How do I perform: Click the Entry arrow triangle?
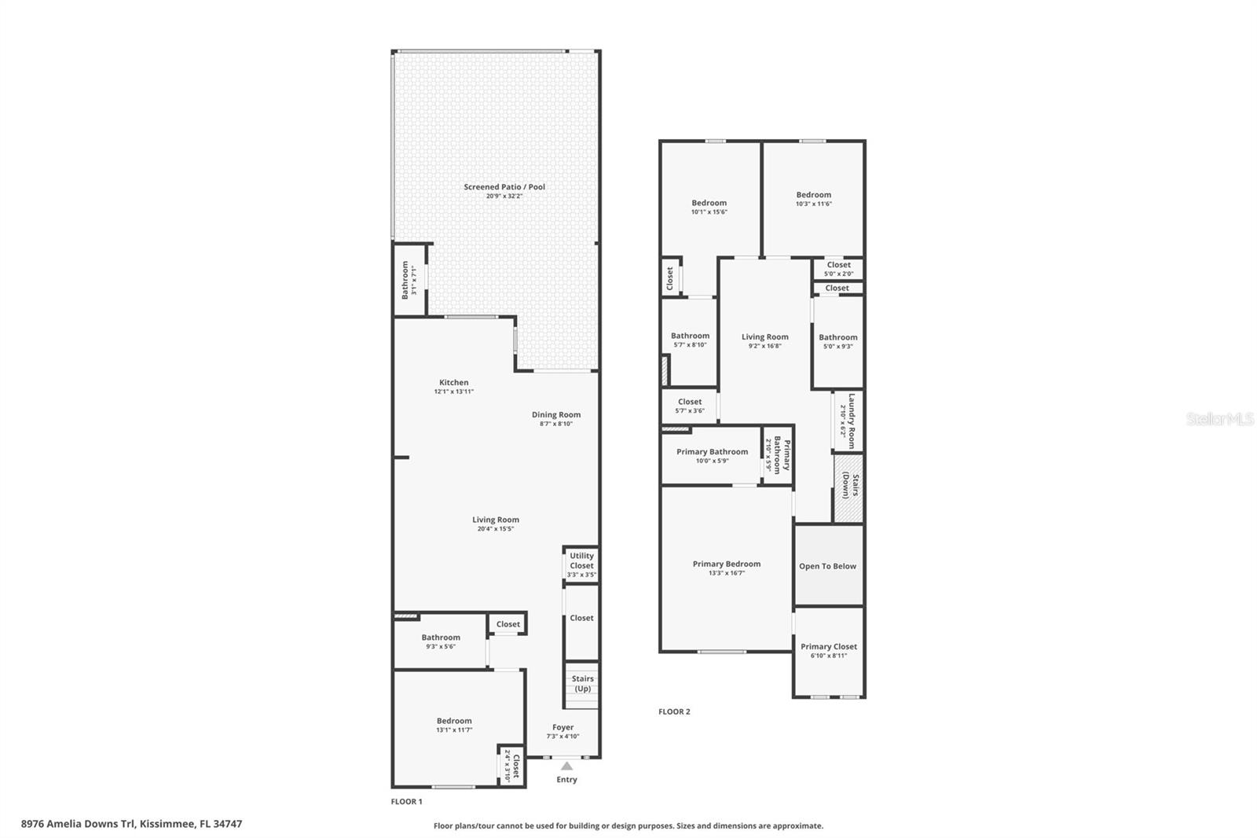566,766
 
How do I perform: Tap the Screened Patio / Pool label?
504,187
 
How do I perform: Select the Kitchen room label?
453,383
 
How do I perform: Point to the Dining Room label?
556,415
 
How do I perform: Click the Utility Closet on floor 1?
581,564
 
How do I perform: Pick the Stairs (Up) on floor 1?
582,685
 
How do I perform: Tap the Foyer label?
563,727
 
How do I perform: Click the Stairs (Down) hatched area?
848,488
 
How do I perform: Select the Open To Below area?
828,565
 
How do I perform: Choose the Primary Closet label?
828,647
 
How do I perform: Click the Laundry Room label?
852,421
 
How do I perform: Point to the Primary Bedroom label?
727,564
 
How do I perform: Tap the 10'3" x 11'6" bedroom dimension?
814,204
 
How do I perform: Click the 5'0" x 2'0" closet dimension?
838,274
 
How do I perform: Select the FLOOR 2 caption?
675,711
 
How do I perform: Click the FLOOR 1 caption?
406,802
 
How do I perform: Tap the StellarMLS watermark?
1219,419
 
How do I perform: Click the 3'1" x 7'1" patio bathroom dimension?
414,281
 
